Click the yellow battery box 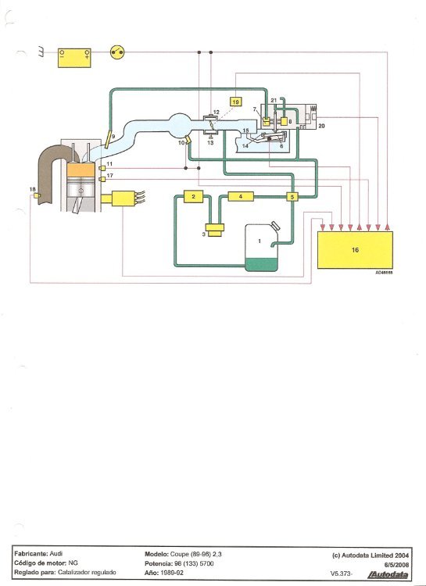point(74,58)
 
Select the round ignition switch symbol point(117,52)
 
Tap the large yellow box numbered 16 point(355,250)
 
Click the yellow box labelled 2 point(193,197)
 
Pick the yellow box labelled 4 point(241,196)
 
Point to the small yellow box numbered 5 point(292,197)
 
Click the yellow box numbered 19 point(235,102)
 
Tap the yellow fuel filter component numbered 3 point(215,230)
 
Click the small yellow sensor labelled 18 point(37,195)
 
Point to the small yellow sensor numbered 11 point(102,168)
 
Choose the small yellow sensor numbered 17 point(102,180)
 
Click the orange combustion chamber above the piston point(81,170)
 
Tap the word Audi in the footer point(56,554)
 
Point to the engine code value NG point(73,563)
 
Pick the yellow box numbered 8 point(284,121)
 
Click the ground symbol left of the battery point(41,52)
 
